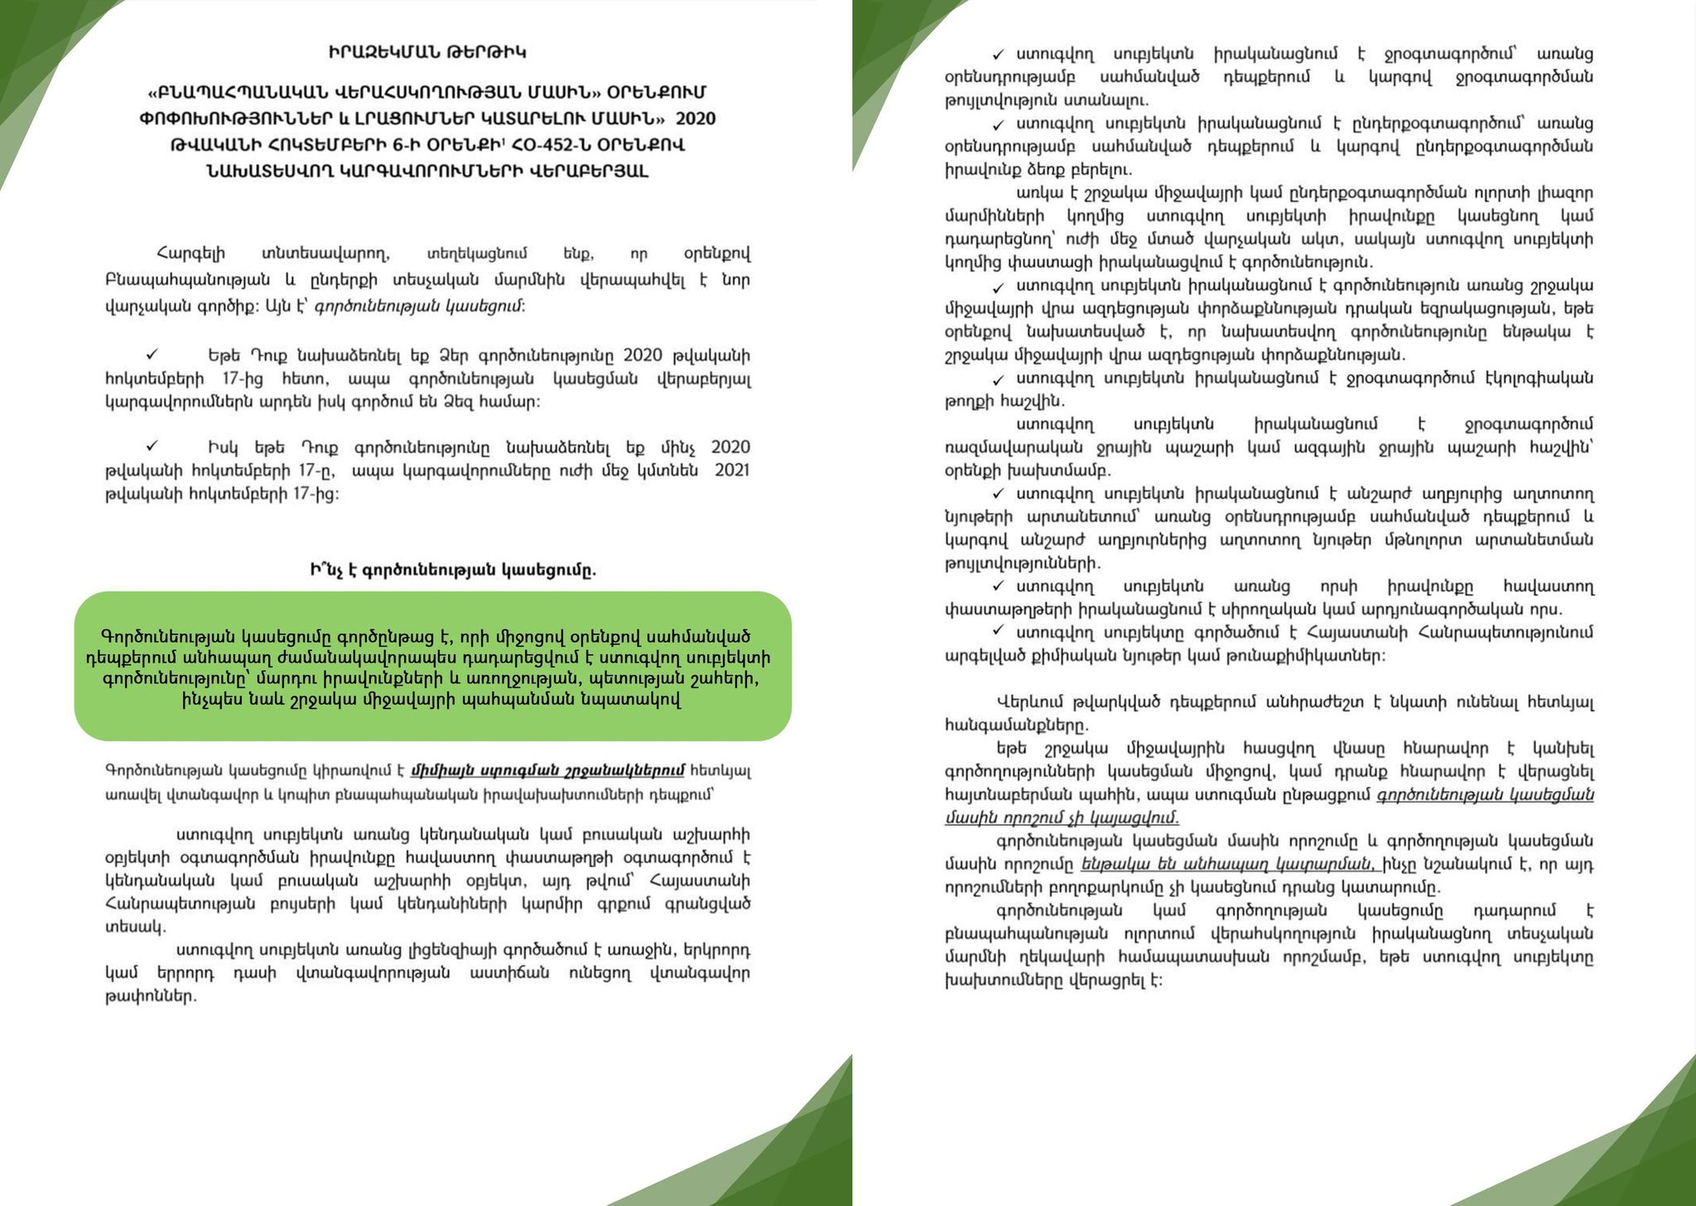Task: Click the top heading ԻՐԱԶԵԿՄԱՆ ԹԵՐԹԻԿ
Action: click(426, 53)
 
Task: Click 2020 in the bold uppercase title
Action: click(696, 118)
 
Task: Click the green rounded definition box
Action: click(432, 665)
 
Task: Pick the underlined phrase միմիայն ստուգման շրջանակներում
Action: click(547, 770)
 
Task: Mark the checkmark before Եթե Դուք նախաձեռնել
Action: click(152, 355)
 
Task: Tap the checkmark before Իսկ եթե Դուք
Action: click(152, 446)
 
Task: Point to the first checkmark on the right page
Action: click(999, 55)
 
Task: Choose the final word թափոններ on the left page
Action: click(151, 996)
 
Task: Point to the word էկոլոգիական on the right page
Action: click(1535, 378)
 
